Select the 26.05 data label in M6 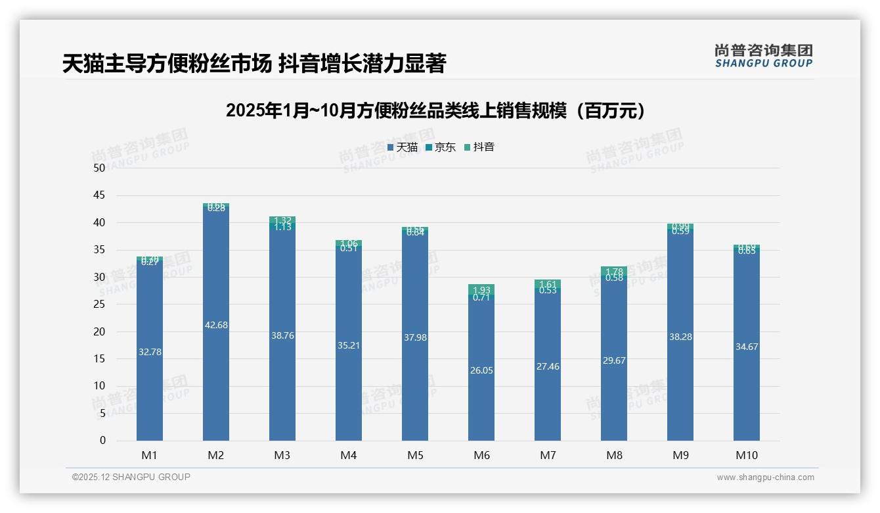pyautogui.click(x=481, y=370)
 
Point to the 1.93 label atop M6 pyautogui.click(x=481, y=290)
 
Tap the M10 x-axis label pyautogui.click(x=746, y=455)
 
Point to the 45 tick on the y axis pyautogui.click(x=99, y=195)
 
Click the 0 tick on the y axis pyautogui.click(x=102, y=441)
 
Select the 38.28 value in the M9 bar pyautogui.click(x=680, y=337)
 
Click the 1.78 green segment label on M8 pyautogui.click(x=614, y=272)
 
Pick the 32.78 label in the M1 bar pyautogui.click(x=150, y=352)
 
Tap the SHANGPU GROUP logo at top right pyautogui.click(x=763, y=56)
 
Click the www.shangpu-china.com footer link pyautogui.click(x=765, y=477)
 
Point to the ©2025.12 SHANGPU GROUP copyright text pyautogui.click(x=131, y=477)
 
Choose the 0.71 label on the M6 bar pyautogui.click(x=481, y=297)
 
